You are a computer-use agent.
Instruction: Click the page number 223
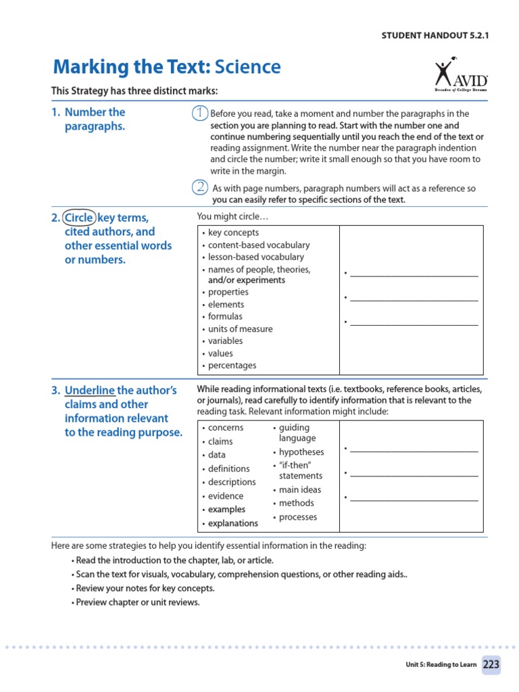[x=491, y=664]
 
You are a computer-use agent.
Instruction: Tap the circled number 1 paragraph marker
[x=199, y=114]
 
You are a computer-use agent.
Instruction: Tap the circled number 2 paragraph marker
[x=199, y=187]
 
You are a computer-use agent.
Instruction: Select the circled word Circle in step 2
[x=79, y=218]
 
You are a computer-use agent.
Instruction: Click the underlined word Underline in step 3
[x=90, y=391]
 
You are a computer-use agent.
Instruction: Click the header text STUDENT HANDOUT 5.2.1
[x=435, y=36]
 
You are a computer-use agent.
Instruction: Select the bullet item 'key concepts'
[x=232, y=232]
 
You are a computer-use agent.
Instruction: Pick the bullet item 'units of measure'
[x=240, y=329]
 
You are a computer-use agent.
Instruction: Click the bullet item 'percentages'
[x=232, y=366]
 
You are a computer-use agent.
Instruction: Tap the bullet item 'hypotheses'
[x=301, y=452]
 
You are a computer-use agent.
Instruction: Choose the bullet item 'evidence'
[x=225, y=496]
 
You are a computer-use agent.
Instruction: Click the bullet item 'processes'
[x=297, y=517]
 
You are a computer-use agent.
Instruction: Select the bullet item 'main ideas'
[x=300, y=490]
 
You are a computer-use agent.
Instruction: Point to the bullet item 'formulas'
[x=224, y=316]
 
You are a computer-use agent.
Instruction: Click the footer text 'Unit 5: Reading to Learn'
[x=441, y=665]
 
